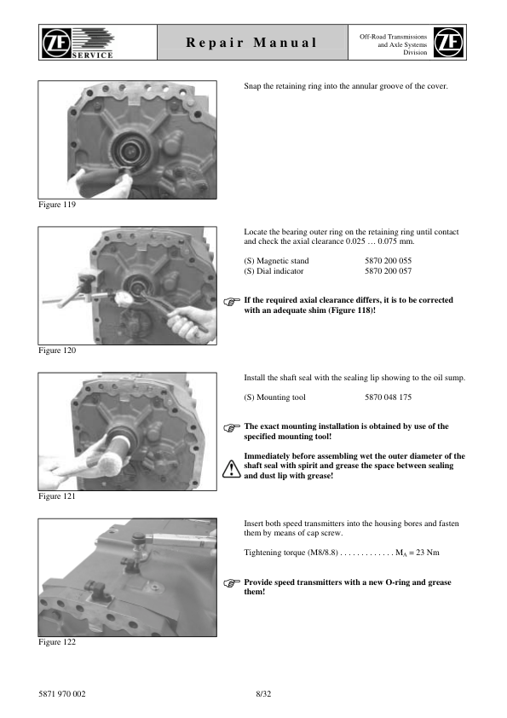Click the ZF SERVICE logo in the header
point(78,43)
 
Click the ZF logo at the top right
point(448,42)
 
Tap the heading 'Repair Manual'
point(251,43)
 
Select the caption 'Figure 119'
point(57,205)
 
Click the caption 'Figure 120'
point(57,350)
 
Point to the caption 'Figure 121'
point(57,496)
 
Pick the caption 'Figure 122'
point(57,642)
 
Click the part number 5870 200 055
point(388,261)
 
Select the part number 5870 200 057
point(388,271)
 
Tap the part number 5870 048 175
point(388,397)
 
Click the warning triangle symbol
point(232,469)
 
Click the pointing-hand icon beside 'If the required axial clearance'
point(232,301)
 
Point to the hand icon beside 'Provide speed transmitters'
point(232,583)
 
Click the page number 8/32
point(263,694)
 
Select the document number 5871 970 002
point(61,694)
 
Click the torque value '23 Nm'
point(428,553)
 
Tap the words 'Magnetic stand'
point(283,261)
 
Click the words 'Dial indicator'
point(280,271)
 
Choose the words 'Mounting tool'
point(281,397)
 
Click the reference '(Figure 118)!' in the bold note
point(352,310)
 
